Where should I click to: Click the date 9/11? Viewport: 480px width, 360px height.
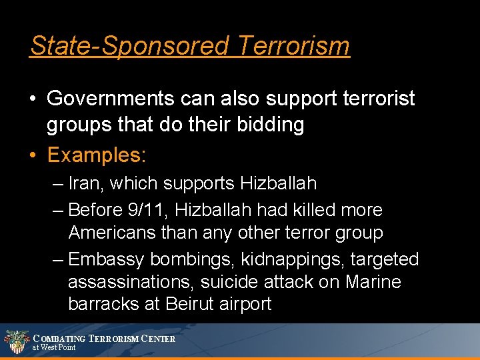143,210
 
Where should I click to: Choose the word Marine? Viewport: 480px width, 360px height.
373,282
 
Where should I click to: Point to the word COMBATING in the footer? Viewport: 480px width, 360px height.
60,339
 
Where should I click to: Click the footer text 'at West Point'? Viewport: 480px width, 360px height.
54,347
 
